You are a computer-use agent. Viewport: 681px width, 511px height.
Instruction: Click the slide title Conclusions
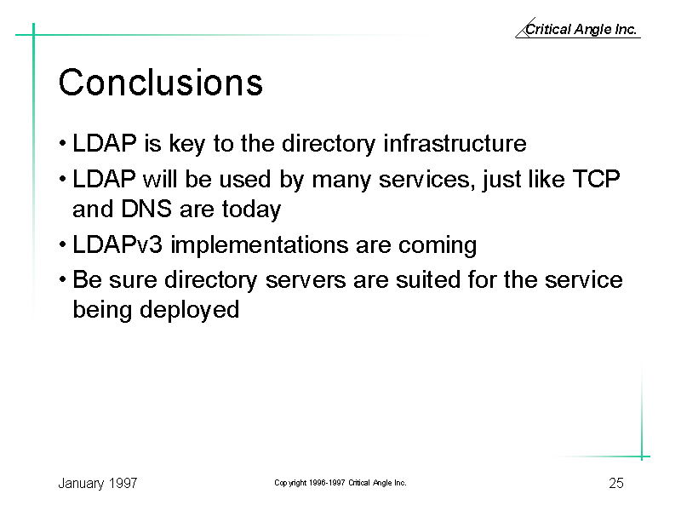click(161, 82)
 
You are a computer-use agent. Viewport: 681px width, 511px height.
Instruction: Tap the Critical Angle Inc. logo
click(578, 28)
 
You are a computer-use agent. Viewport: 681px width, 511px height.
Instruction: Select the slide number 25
click(615, 483)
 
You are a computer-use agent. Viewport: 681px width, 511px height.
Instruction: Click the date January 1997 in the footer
click(98, 483)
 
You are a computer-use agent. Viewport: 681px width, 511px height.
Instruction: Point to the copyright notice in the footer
click(340, 483)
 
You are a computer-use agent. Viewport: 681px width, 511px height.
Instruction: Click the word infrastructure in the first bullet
click(455, 143)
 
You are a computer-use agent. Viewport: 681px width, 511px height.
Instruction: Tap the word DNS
click(146, 209)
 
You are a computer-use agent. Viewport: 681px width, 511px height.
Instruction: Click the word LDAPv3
click(117, 244)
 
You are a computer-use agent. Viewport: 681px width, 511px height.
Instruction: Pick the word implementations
click(260, 244)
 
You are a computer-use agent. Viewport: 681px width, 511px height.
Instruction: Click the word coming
click(438, 245)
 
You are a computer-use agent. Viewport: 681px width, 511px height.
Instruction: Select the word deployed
click(189, 310)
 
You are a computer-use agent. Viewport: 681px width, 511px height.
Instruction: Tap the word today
click(251, 210)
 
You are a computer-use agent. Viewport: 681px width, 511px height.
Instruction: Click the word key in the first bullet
click(186, 144)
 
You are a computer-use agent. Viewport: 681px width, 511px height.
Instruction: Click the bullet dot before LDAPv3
click(63, 244)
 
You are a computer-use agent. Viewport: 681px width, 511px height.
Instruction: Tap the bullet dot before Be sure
click(63, 279)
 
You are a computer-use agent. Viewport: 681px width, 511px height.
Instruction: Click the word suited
click(428, 279)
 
